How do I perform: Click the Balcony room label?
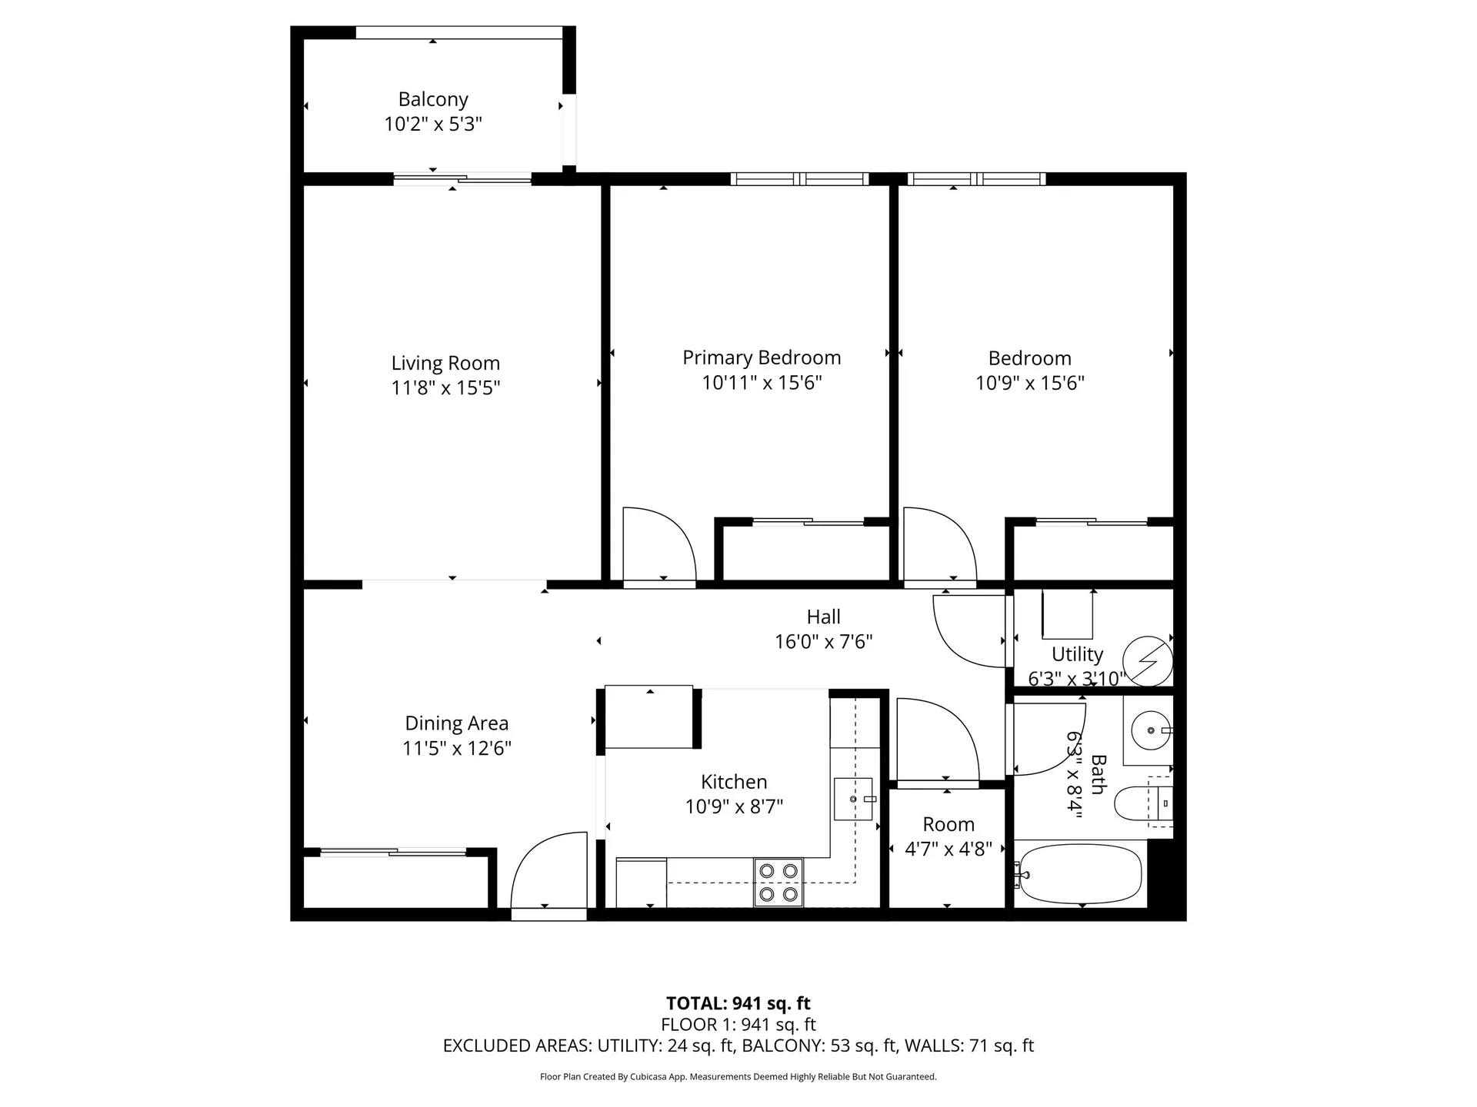point(433,100)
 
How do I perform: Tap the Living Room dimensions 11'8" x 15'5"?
point(445,387)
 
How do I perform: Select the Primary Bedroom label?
point(762,357)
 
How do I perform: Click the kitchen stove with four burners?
point(778,882)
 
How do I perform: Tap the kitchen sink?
point(853,799)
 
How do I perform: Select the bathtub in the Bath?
point(1079,874)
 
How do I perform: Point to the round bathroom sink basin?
point(1149,730)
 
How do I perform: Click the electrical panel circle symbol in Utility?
point(1147,660)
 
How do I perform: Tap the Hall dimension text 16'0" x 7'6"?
point(823,642)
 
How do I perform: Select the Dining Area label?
point(456,723)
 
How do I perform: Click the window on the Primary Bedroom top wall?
point(799,179)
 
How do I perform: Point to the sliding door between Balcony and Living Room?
point(462,179)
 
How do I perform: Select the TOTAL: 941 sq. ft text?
point(738,1003)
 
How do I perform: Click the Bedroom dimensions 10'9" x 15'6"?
point(1029,383)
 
